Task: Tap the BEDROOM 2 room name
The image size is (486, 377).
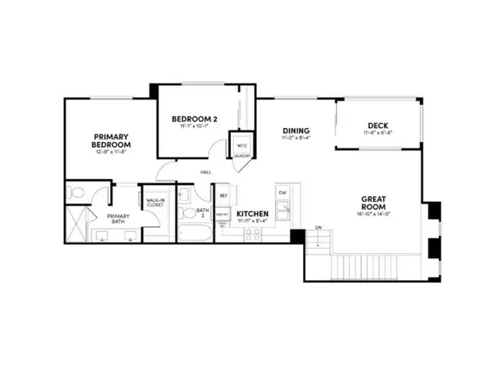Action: click(x=190, y=121)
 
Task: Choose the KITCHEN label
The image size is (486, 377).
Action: click(x=253, y=216)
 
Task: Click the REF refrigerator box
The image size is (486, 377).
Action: click(x=223, y=195)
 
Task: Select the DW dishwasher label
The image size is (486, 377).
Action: click(x=283, y=193)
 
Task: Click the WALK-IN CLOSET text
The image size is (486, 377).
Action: click(x=155, y=203)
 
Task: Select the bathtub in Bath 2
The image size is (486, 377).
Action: click(x=194, y=232)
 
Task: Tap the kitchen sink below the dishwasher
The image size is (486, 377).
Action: click(x=283, y=211)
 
